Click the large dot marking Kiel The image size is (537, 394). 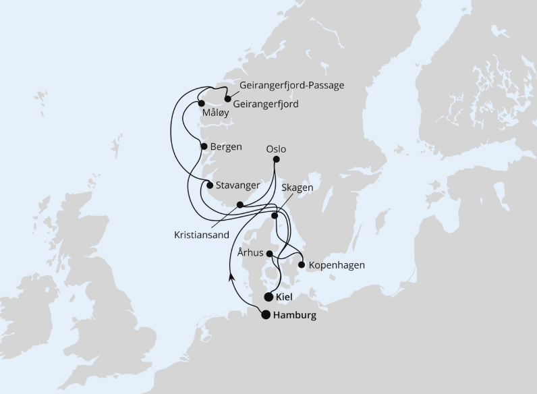269,297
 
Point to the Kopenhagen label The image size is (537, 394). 337,265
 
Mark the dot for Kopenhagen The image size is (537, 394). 301,265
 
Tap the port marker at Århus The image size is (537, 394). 270,254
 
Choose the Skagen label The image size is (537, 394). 298,188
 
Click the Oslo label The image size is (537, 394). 276,148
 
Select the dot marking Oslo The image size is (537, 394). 275,160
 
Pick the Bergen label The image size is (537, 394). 226,146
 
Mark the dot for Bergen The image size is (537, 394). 204,146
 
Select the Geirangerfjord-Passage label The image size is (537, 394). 292,86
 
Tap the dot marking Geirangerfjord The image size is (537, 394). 227,98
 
